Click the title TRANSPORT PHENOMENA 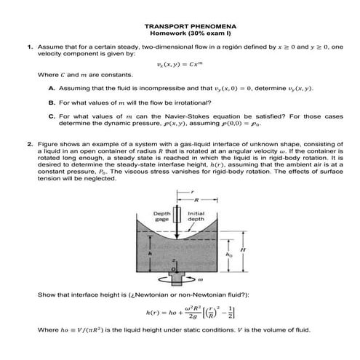tap(180, 25)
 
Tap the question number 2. tap(31, 155)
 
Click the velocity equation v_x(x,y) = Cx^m tap(180, 65)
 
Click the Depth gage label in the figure tap(162, 216)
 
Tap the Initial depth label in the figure tap(196, 216)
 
